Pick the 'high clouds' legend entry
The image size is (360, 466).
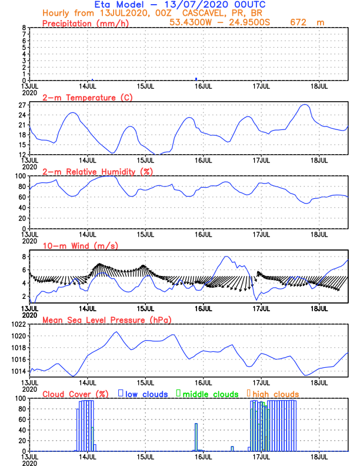pyautogui.click(x=273, y=394)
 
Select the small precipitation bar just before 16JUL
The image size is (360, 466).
pyautogui.click(x=196, y=79)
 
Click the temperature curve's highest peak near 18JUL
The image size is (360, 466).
pyautogui.click(x=305, y=105)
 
